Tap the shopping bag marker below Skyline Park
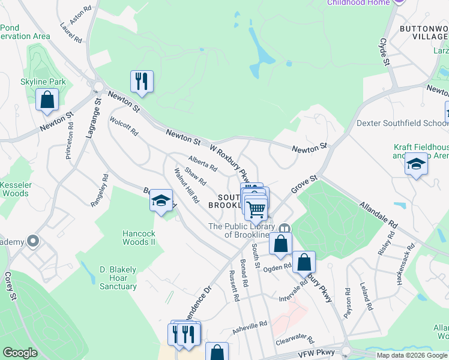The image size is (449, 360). point(47,100)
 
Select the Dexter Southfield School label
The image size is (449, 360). point(402,123)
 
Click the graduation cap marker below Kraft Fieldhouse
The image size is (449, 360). point(416,164)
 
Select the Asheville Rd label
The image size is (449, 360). point(250,327)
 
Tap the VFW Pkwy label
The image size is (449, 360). point(314,355)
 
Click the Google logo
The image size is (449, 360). point(20,353)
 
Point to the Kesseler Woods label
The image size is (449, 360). point(14,189)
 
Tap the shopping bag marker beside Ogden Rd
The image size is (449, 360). point(305,262)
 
